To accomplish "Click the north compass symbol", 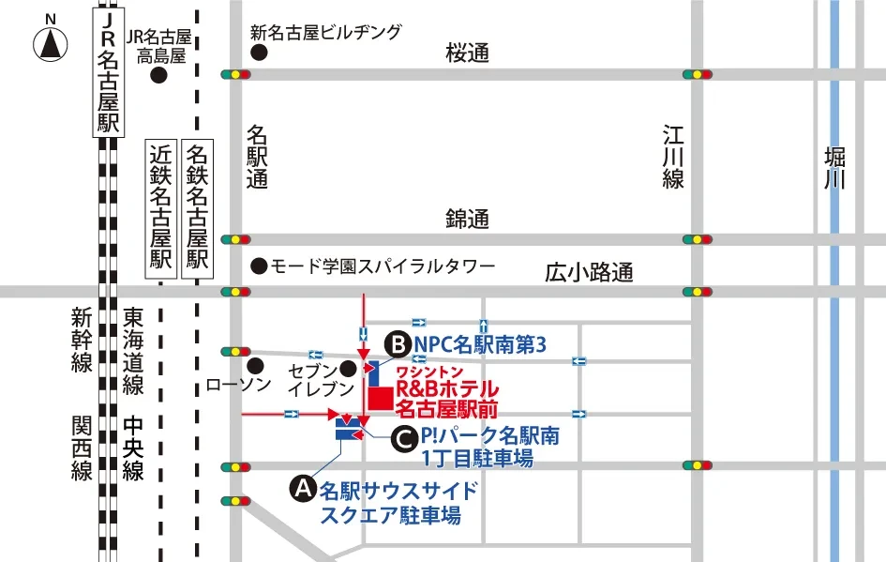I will click(51, 43).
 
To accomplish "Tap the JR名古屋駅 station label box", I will click(110, 72).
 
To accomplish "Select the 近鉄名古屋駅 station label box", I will click(161, 208).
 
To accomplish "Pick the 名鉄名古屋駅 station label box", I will click(197, 208).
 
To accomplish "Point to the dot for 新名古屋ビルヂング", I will click(257, 54).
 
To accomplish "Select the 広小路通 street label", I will click(589, 273).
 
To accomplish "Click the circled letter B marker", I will click(398, 345).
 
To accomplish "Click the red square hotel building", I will click(380, 398).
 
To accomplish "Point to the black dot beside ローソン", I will click(256, 365).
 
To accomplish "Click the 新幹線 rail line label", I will click(83, 340).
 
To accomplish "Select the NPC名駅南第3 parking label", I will click(479, 345).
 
